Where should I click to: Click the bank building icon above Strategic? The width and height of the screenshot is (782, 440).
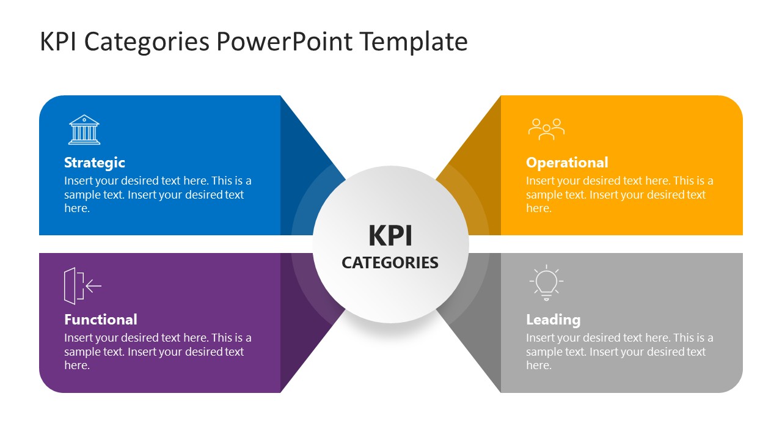[x=84, y=130]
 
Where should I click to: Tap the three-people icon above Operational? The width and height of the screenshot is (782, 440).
[x=546, y=130]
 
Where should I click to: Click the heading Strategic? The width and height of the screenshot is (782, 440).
[x=95, y=163]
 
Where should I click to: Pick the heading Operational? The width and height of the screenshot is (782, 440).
[x=567, y=163]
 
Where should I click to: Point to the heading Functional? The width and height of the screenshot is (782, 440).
[x=101, y=320]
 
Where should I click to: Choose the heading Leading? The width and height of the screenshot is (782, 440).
[x=553, y=320]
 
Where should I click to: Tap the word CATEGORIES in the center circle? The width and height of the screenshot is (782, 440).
[x=390, y=263]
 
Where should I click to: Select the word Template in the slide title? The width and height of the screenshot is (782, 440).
[x=413, y=42]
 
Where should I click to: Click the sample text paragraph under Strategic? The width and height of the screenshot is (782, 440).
[x=158, y=194]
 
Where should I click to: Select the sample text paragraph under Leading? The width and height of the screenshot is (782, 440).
[x=619, y=351]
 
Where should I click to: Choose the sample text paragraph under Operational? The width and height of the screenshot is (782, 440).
[x=619, y=194]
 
